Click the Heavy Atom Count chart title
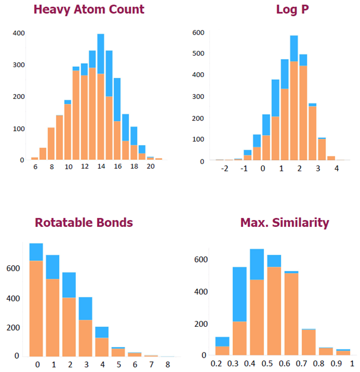tap(96, 9)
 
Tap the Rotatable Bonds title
tap(84, 222)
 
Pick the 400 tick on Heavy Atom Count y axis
tap(19, 33)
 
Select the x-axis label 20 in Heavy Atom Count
tap(151, 166)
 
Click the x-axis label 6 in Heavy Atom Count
tap(35, 166)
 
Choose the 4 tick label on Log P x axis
tap(337, 168)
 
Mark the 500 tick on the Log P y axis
tap(198, 54)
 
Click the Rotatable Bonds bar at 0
tap(36, 300)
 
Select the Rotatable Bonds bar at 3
tap(85, 319)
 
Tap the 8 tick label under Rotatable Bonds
tap(168, 365)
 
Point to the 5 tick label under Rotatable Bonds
tap(118, 365)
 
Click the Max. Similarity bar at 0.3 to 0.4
tap(239, 311)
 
